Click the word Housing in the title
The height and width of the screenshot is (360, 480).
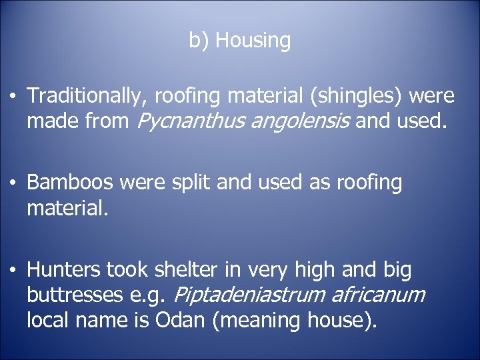coord(253,41)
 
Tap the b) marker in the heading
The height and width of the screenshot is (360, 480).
coord(199,41)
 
